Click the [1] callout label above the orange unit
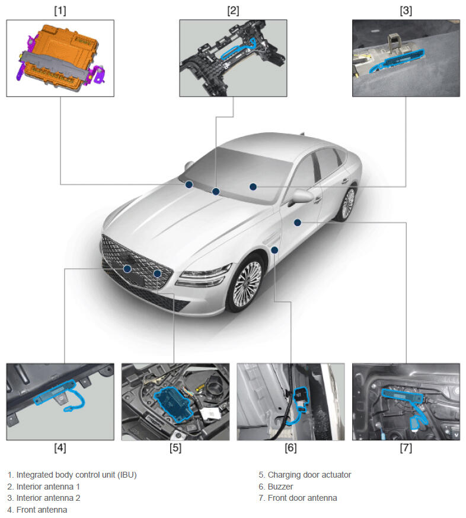pyautogui.click(x=60, y=11)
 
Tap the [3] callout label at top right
pyautogui.click(x=406, y=11)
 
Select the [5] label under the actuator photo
pyautogui.click(x=175, y=448)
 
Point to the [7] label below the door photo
pyautogui.click(x=406, y=448)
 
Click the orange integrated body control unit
pyautogui.click(x=59, y=56)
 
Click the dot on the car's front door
pyautogui.click(x=298, y=223)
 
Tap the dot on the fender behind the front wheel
pyautogui.click(x=275, y=250)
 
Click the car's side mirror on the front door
pyautogui.click(x=301, y=197)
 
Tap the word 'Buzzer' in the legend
pyautogui.click(x=280, y=487)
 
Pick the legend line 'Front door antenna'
pyautogui.click(x=302, y=498)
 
